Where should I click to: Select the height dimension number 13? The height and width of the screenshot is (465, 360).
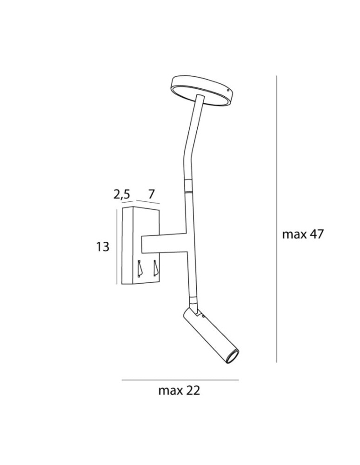pos(102,246)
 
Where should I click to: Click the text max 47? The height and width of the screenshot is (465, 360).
pos(302,234)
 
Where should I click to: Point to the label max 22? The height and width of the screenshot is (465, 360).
pos(179,391)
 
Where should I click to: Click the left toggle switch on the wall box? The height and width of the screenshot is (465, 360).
pos(140,268)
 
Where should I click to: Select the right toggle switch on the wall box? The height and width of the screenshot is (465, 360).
pos(155,268)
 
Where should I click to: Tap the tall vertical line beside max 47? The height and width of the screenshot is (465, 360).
pos(277,219)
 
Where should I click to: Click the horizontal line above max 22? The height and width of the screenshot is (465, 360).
pos(180,380)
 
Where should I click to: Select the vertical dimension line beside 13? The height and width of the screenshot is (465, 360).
pos(116,246)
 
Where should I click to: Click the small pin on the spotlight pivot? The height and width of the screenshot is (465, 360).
pos(203,316)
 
